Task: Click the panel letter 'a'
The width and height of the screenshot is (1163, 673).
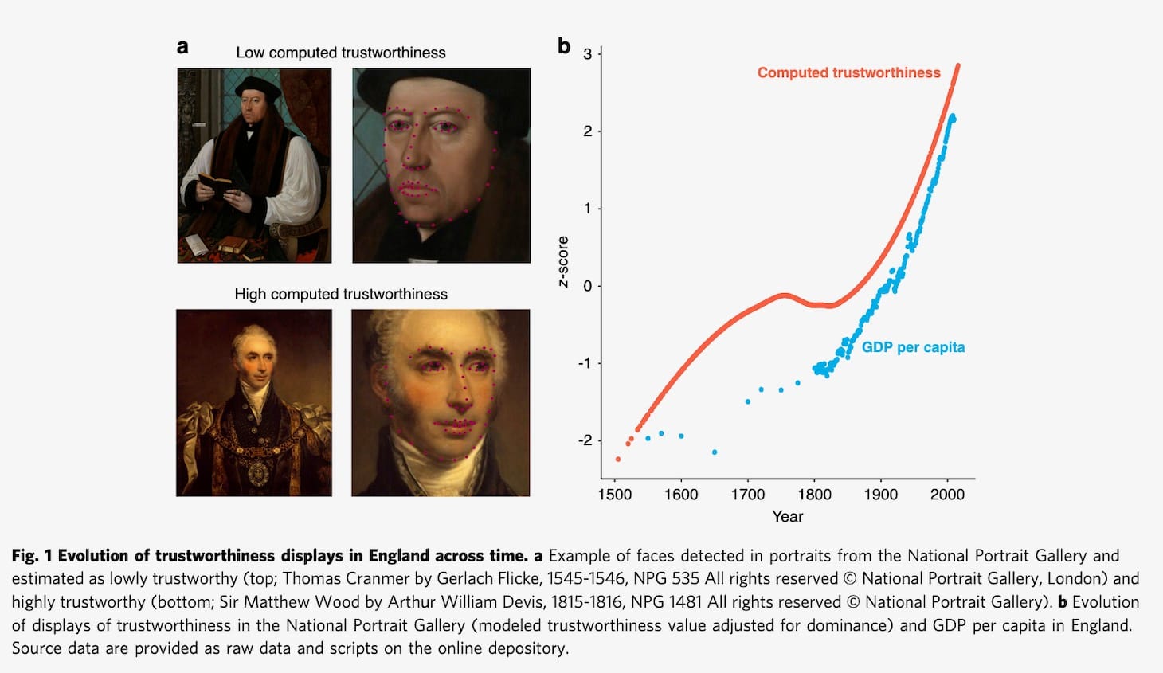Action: click(182, 47)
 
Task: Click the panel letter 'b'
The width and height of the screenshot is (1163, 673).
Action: click(564, 46)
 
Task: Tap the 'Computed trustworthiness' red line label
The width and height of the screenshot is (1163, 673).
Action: click(848, 72)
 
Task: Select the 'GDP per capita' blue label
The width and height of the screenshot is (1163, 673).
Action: click(913, 347)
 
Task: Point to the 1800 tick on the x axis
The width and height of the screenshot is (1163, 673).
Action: click(814, 494)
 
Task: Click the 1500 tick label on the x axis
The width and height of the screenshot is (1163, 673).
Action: click(614, 494)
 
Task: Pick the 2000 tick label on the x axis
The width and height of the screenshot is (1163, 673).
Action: click(947, 494)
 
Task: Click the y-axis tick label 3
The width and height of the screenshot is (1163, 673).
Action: click(588, 54)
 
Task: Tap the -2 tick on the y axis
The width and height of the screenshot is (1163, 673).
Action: click(585, 440)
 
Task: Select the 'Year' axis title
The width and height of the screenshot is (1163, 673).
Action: click(787, 516)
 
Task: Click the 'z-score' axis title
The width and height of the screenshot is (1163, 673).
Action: click(564, 261)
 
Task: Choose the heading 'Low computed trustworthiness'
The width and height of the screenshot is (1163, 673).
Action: click(341, 53)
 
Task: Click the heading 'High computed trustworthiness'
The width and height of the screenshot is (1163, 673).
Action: click(341, 294)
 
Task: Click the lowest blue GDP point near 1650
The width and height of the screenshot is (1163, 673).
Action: click(715, 452)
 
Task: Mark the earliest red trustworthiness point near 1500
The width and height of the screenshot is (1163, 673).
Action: click(618, 460)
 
